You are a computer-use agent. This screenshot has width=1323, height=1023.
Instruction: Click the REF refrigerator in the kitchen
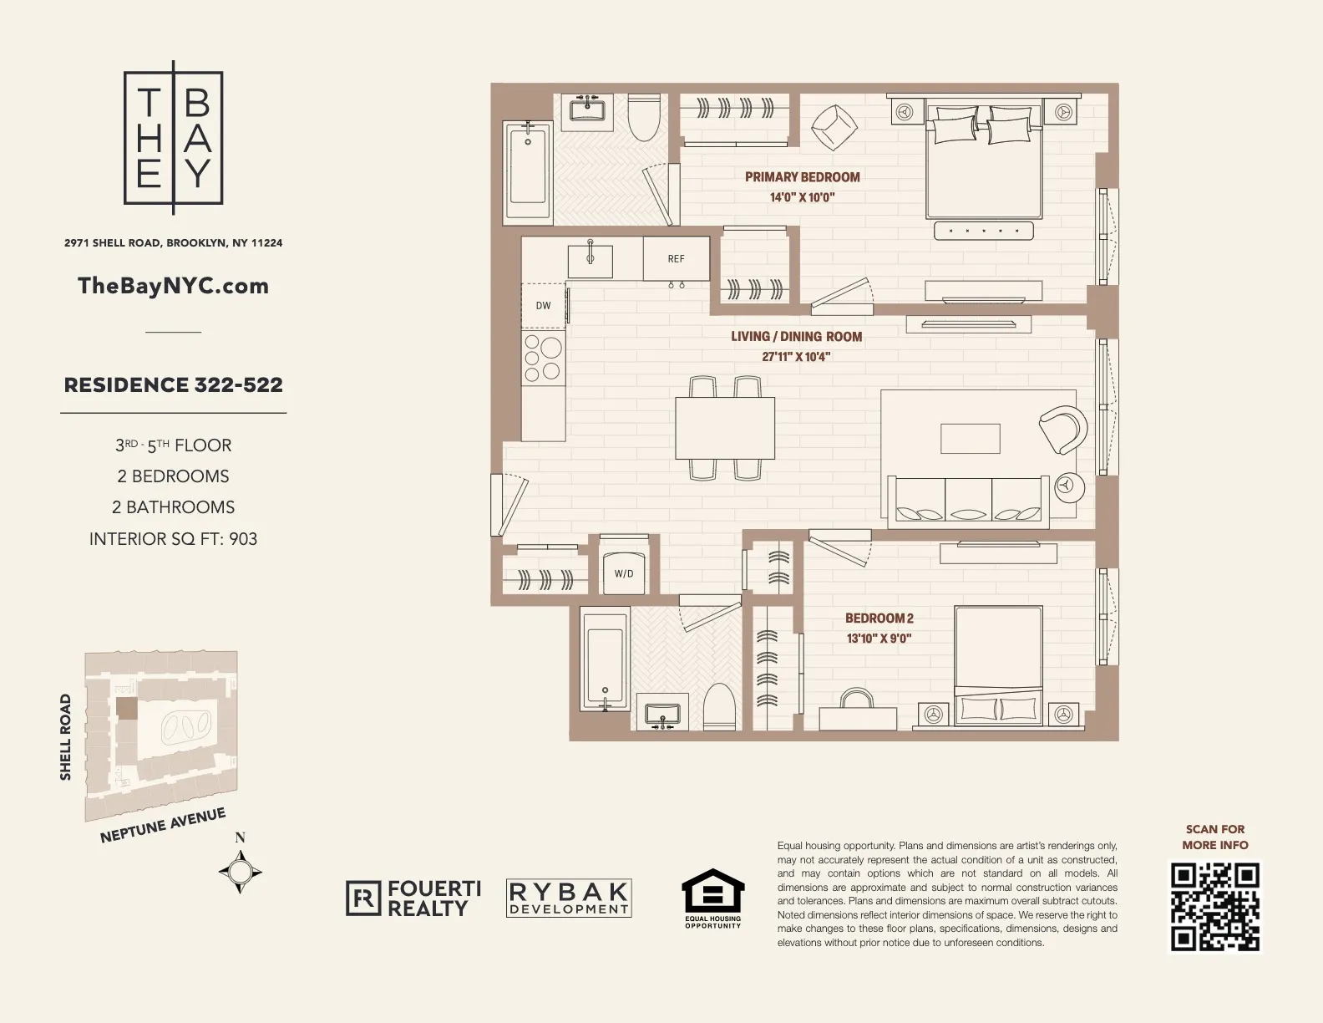coord(676,259)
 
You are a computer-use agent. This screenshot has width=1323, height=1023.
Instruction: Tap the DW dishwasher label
coord(543,306)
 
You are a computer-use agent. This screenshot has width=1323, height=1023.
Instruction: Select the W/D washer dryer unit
coord(624,573)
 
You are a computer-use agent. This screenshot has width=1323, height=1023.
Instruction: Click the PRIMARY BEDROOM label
coord(802,177)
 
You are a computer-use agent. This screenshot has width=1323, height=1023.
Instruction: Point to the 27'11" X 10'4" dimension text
coord(795,357)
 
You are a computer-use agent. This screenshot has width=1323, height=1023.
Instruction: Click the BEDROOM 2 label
coord(879,618)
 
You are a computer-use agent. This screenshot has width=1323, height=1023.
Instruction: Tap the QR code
coord(1214,908)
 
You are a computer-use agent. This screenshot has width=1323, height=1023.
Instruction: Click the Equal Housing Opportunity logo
coord(712,899)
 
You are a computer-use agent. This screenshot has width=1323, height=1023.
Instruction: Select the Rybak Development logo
coord(569,898)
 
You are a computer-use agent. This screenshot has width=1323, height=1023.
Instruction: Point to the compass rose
coord(241,873)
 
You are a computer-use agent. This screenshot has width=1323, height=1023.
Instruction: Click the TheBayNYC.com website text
coord(173,286)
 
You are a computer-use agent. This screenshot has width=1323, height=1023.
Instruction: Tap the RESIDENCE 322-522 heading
coord(173,385)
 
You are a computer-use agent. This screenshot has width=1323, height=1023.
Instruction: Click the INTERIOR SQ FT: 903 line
coord(173,539)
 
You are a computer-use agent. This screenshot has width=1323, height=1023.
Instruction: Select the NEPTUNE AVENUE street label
coord(163,826)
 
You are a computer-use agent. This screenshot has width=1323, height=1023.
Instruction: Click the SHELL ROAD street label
coord(66,737)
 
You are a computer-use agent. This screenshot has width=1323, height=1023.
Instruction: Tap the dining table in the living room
coord(724,428)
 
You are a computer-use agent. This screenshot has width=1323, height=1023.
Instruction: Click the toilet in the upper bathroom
coord(644,117)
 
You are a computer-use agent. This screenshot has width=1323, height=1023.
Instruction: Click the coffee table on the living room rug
coord(970,438)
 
